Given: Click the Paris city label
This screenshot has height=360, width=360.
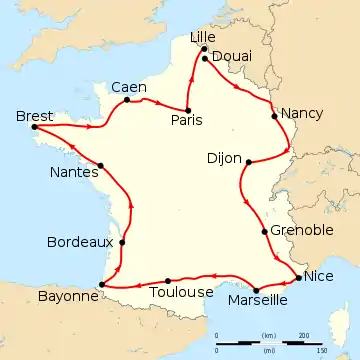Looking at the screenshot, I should [186, 120].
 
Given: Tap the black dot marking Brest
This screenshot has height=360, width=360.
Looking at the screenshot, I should [35, 127].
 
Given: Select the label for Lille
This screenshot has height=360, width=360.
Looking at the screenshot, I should [204, 37].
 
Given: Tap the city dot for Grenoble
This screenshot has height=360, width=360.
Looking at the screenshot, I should [264, 232].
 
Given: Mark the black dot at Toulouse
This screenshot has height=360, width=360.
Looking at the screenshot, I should [168, 280].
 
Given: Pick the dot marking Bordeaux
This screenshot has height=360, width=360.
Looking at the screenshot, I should [122, 242].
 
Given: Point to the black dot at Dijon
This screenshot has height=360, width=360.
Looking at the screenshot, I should [247, 160].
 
